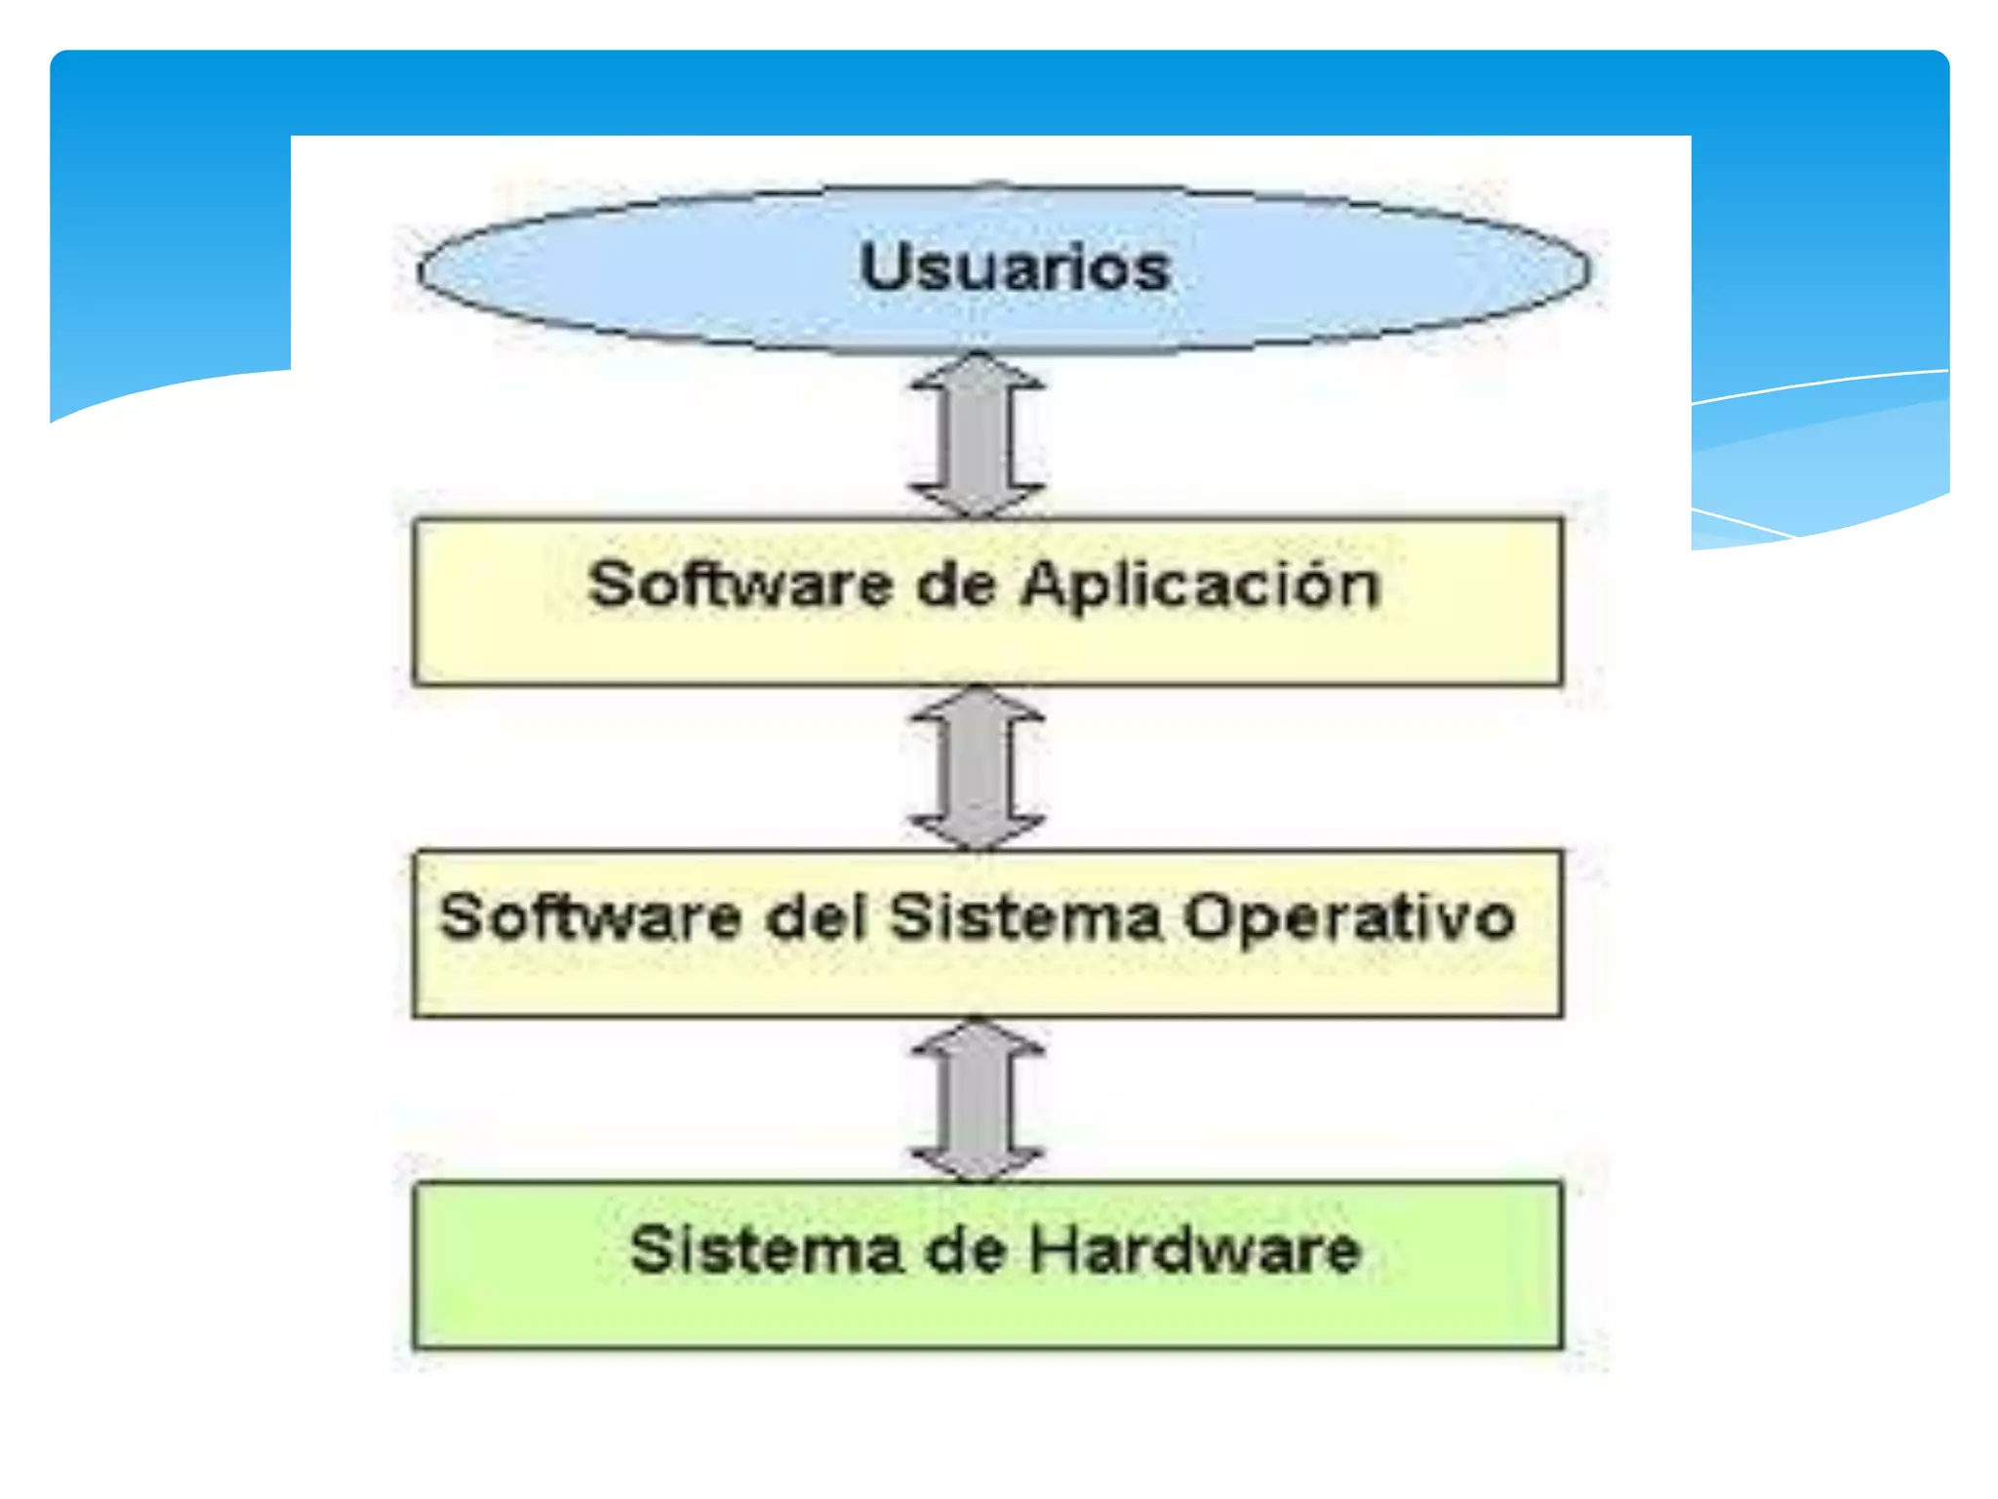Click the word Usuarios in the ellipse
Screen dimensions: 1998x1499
tap(1015, 267)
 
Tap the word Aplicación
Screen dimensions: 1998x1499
tap(1202, 587)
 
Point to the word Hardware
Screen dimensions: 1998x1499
tap(1196, 1250)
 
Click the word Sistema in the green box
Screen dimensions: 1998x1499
tap(766, 1250)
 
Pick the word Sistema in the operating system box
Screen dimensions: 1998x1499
tap(1026, 918)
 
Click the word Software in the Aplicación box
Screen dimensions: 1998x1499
tap(741, 585)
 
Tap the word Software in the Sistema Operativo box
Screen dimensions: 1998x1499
tap(591, 918)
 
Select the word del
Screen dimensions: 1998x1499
tap(818, 918)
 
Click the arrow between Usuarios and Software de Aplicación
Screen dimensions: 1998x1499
tap(978, 435)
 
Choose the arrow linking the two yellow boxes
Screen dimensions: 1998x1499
tap(978, 767)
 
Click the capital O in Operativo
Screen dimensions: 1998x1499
tap(1209, 918)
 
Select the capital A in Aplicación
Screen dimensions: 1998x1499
tap(1048, 585)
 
